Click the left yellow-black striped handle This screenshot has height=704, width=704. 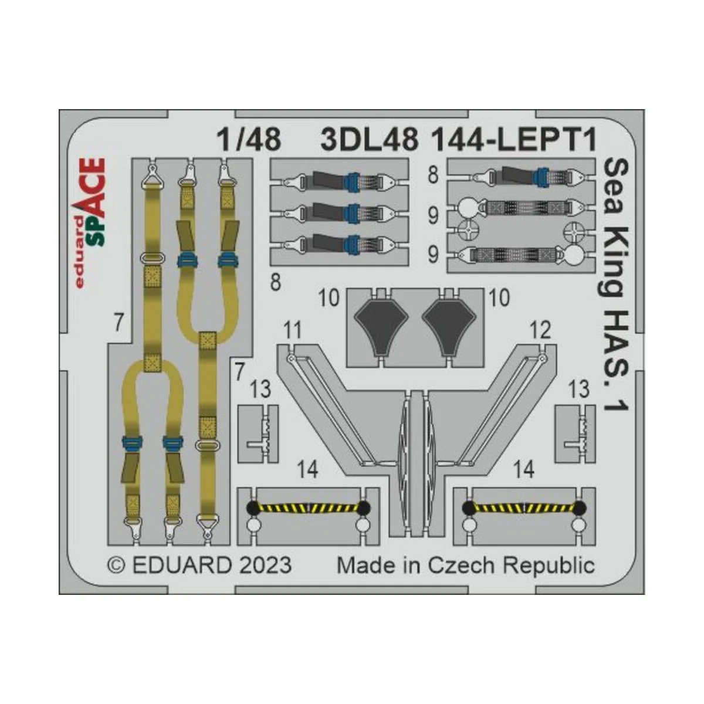308,507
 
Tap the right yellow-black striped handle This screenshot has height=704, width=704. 523,507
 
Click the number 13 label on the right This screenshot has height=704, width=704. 578,389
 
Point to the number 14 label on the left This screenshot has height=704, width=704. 308,470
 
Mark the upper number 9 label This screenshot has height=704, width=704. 433,216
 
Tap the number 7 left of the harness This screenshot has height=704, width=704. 119,323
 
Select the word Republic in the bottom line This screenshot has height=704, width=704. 549,566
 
